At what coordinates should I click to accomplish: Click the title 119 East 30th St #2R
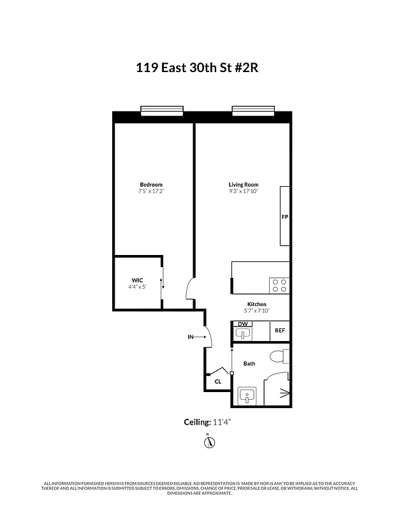pos(196,68)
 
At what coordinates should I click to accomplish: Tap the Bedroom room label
pos(151,185)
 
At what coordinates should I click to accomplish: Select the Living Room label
pos(244,185)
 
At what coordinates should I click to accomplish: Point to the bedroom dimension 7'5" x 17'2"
pos(151,191)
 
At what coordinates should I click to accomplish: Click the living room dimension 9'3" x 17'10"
pos(244,191)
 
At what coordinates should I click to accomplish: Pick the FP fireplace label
pos(285,217)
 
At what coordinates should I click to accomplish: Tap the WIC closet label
pos(137,280)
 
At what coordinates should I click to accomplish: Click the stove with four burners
pos(279,284)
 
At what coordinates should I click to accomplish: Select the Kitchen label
pos(257,304)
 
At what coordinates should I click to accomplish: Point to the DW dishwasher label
pos(242,324)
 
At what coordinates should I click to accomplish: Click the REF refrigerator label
pos(280,330)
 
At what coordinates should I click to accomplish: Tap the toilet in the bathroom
pos(278,355)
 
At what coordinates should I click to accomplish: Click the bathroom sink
pos(246,396)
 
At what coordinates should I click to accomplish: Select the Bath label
pos(249,364)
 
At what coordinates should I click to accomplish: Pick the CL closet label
pos(218,382)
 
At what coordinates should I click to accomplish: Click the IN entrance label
pos(190,337)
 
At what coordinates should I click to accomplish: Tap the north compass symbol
pos(207,442)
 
